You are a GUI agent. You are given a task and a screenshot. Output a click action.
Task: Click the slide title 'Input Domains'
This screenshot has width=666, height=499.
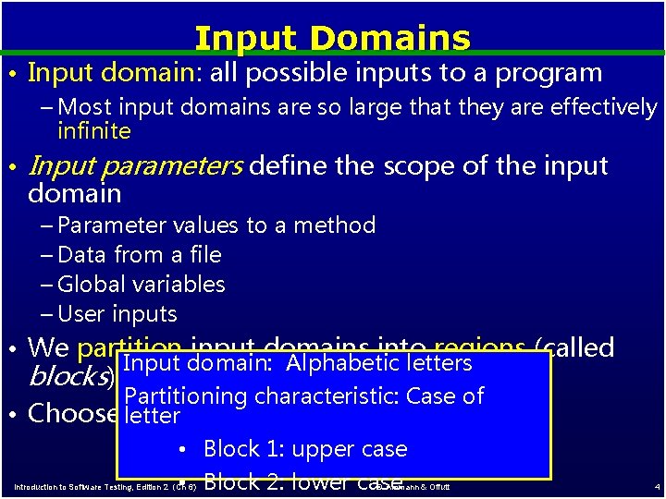[332, 38]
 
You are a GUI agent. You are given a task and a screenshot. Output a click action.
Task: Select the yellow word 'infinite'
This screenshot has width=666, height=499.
[94, 131]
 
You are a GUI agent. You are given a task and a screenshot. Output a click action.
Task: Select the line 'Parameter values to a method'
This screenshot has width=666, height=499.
[216, 225]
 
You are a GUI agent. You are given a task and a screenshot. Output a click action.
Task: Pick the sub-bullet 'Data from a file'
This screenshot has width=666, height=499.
[139, 255]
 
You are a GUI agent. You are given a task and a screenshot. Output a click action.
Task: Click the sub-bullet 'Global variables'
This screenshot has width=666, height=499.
[141, 285]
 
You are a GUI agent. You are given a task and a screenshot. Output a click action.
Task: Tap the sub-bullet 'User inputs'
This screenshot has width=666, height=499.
[117, 314]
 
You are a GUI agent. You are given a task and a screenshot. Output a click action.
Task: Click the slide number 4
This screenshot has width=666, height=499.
[656, 486]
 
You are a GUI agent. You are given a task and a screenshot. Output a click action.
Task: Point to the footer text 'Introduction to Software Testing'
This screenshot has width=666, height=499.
[75, 487]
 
